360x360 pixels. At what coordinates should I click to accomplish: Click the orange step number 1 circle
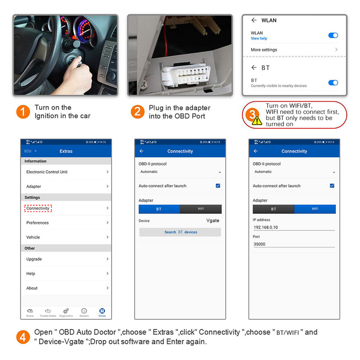(x=23, y=112)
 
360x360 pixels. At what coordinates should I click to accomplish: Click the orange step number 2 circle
(x=138, y=112)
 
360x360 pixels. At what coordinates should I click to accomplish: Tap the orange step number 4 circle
(x=23, y=337)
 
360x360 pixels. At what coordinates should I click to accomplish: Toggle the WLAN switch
(x=333, y=35)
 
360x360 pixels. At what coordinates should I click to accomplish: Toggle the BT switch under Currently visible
(x=333, y=83)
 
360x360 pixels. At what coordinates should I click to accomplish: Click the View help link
(x=259, y=39)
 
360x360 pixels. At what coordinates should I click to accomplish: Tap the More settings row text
(x=264, y=50)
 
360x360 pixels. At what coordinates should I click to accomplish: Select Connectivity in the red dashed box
(x=38, y=208)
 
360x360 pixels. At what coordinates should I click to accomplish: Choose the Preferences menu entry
(x=37, y=223)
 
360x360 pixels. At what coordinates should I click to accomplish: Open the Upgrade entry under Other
(x=34, y=259)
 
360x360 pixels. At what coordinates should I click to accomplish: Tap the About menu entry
(x=32, y=288)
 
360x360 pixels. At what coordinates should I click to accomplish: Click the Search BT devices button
(x=180, y=232)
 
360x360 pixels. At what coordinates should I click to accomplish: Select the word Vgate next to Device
(x=213, y=220)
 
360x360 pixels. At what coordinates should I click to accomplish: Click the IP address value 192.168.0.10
(x=266, y=227)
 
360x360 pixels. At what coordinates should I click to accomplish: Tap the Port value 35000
(x=260, y=244)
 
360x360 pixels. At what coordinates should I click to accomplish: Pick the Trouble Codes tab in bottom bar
(x=48, y=312)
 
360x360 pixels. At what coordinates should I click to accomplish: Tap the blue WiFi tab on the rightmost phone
(x=315, y=209)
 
